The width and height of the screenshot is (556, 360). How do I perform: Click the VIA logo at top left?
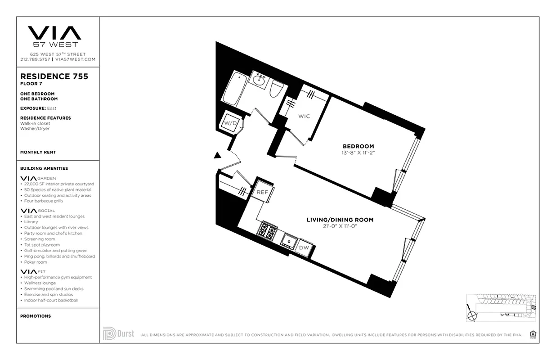(x=54, y=33)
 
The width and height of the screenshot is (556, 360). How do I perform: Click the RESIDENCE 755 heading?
(x=54, y=76)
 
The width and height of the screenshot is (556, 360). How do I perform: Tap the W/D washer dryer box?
(x=231, y=122)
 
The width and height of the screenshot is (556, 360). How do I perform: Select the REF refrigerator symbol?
(x=262, y=192)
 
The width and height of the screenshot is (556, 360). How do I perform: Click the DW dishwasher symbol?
(x=304, y=247)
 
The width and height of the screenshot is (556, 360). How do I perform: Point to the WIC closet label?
(x=304, y=116)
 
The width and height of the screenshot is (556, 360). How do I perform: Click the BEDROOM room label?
(x=358, y=146)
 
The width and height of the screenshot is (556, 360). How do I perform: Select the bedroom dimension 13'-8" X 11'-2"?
(x=358, y=153)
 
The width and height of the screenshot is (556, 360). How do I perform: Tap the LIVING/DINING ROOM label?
(x=340, y=220)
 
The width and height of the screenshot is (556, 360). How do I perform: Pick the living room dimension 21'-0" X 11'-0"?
(x=340, y=226)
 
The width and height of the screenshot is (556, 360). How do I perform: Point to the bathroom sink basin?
(x=259, y=81)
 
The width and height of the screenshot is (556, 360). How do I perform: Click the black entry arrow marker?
(x=217, y=156)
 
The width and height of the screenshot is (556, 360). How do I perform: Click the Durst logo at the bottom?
(x=118, y=333)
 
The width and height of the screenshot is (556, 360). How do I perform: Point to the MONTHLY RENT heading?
(x=38, y=153)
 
